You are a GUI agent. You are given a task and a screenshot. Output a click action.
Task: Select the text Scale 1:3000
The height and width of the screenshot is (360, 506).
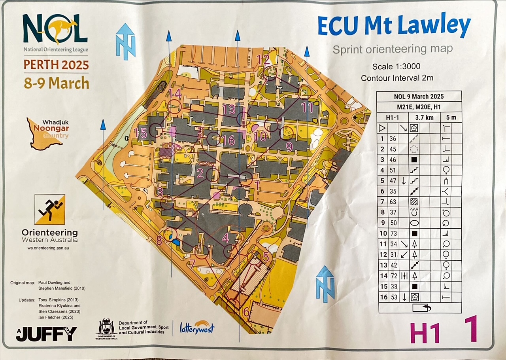tap(396, 66)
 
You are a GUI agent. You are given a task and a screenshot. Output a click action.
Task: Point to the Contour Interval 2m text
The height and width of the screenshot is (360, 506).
tap(396, 78)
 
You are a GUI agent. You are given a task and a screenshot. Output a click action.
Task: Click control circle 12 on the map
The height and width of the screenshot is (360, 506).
tap(271, 74)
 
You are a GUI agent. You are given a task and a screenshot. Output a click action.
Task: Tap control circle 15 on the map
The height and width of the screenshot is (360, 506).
tap(157, 131)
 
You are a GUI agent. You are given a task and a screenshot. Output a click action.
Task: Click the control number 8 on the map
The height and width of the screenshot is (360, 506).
tap(159, 240)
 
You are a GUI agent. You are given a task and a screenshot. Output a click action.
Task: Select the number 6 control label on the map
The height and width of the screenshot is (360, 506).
tap(246, 312)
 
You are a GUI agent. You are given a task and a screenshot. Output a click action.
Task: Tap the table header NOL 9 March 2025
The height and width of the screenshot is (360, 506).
tap(419, 97)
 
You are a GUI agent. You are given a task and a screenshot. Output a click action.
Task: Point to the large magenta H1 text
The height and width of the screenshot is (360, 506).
tap(425, 333)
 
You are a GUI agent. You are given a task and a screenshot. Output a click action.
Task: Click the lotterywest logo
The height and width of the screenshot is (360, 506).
tap(197, 327)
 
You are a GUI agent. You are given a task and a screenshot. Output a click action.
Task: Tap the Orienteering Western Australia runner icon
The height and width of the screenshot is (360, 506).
tap(49, 209)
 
